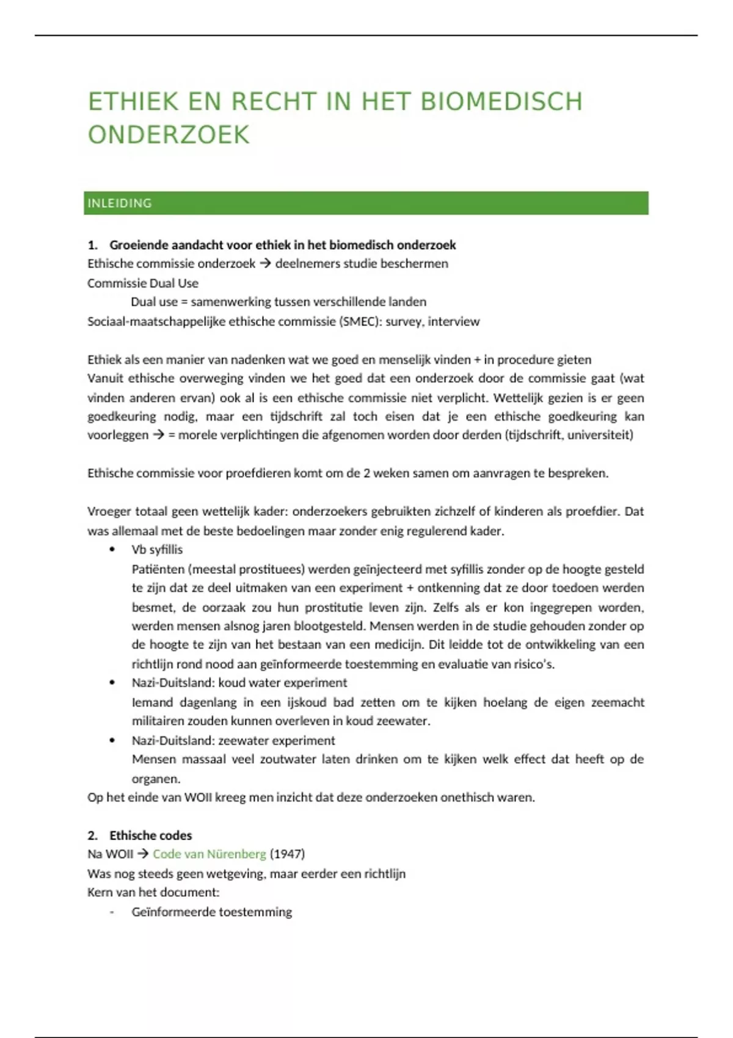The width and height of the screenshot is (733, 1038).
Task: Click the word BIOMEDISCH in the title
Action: point(501,101)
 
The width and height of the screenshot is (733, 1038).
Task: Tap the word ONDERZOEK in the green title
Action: point(169,135)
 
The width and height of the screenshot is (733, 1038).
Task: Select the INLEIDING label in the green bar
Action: point(120,203)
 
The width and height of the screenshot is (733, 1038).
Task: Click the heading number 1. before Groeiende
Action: point(92,245)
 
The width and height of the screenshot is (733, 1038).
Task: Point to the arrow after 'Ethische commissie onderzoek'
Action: point(265,264)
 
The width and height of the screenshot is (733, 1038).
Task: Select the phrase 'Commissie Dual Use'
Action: point(143,283)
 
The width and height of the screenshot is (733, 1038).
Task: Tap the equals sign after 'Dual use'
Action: point(184,302)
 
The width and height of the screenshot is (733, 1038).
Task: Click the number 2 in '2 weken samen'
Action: point(367,473)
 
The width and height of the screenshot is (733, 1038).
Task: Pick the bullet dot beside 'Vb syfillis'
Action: point(112,550)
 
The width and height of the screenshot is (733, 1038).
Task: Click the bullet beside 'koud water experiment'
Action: point(112,683)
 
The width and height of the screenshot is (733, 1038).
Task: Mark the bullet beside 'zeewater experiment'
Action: point(112,741)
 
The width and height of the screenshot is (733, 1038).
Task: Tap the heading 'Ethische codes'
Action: point(150,835)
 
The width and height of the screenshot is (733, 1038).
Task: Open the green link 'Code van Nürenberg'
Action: point(209,854)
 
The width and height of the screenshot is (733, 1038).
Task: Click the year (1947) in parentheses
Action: point(287,854)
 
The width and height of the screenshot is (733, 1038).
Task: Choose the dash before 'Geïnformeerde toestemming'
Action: point(112,912)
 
